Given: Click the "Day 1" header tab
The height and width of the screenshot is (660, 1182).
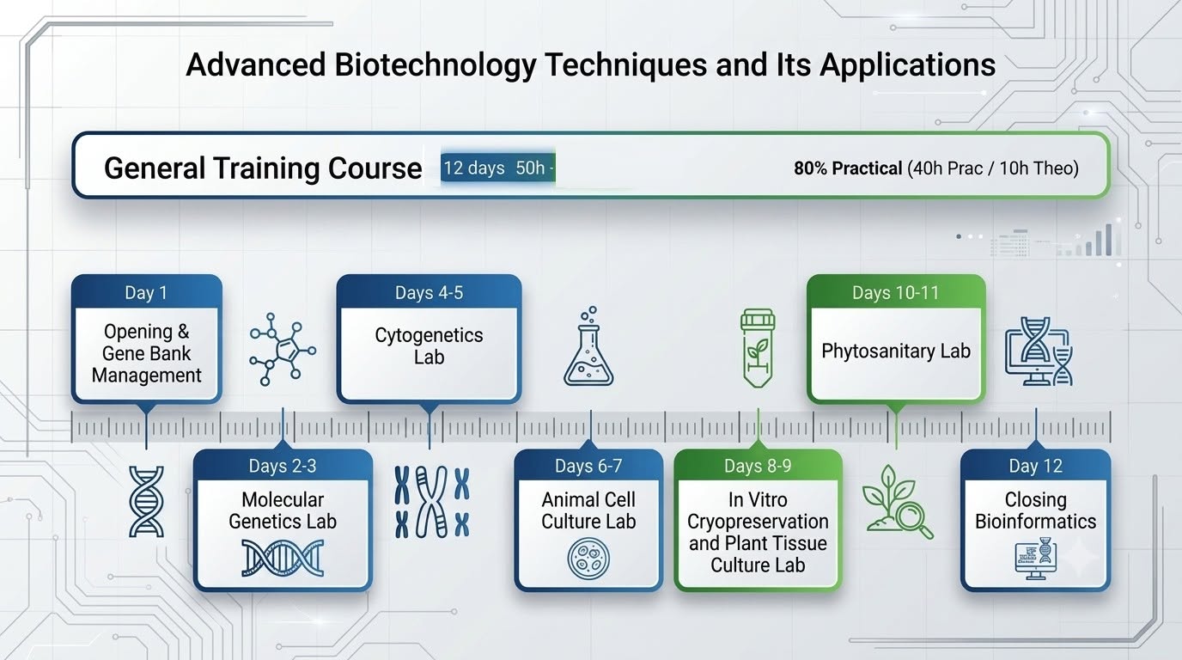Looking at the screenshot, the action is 146,292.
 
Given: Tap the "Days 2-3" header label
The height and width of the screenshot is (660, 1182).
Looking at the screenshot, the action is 283,466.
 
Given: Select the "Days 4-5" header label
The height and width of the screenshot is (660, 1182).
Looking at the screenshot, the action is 429,292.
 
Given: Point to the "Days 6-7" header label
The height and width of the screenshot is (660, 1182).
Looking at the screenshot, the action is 588,466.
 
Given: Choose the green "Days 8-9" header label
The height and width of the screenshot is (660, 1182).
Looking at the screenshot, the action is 758,466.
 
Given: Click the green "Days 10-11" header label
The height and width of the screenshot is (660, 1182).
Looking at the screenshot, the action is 896,292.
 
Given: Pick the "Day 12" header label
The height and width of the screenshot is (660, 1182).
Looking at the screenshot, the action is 1035,466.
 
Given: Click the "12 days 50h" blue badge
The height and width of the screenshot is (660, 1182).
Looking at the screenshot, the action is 497,168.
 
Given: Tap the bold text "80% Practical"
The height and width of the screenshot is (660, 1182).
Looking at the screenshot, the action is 848,168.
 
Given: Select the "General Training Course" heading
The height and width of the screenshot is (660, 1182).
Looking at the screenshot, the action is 263,168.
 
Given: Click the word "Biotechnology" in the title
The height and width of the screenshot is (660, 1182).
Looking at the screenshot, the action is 436,65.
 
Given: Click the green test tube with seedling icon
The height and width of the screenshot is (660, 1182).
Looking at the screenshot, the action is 758,349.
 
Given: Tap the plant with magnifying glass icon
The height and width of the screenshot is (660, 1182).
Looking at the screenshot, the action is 897,502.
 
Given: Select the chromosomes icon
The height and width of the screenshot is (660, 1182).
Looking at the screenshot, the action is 431,502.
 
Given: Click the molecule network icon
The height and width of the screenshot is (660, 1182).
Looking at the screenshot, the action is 283,349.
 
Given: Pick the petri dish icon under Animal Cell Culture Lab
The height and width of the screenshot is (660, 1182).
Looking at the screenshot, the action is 588,559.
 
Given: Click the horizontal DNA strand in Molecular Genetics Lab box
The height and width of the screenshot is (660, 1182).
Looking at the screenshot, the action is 283,558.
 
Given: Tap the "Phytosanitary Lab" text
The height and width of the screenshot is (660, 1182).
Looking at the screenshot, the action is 896,351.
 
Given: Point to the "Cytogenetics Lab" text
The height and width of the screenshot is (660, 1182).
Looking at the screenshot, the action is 429,346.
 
